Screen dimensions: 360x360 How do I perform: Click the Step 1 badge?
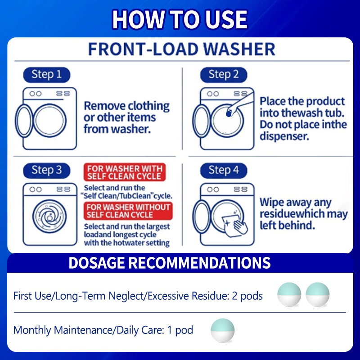(47, 75)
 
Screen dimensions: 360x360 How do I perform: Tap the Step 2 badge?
(224, 75)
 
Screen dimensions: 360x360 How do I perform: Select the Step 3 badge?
(47, 171)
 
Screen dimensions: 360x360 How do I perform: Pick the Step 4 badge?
(224, 171)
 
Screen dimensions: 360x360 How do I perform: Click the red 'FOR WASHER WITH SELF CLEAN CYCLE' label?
(125, 172)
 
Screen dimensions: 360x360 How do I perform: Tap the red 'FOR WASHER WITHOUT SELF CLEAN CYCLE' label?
(128, 211)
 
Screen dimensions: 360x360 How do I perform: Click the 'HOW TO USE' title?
(180, 19)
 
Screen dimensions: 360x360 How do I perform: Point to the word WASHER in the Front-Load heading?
(239, 49)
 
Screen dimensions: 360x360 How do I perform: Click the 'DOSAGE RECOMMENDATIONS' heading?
(170, 263)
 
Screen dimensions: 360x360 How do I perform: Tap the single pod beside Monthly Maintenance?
(222, 330)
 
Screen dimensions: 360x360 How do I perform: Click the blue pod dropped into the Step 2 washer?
(229, 114)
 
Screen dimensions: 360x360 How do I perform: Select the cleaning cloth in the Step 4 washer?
(232, 226)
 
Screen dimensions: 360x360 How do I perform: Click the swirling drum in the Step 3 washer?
(49, 216)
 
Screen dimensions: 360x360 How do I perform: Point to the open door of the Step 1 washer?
(24, 121)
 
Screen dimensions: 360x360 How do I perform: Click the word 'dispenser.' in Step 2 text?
(284, 136)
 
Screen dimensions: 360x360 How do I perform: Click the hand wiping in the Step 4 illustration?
(241, 227)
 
